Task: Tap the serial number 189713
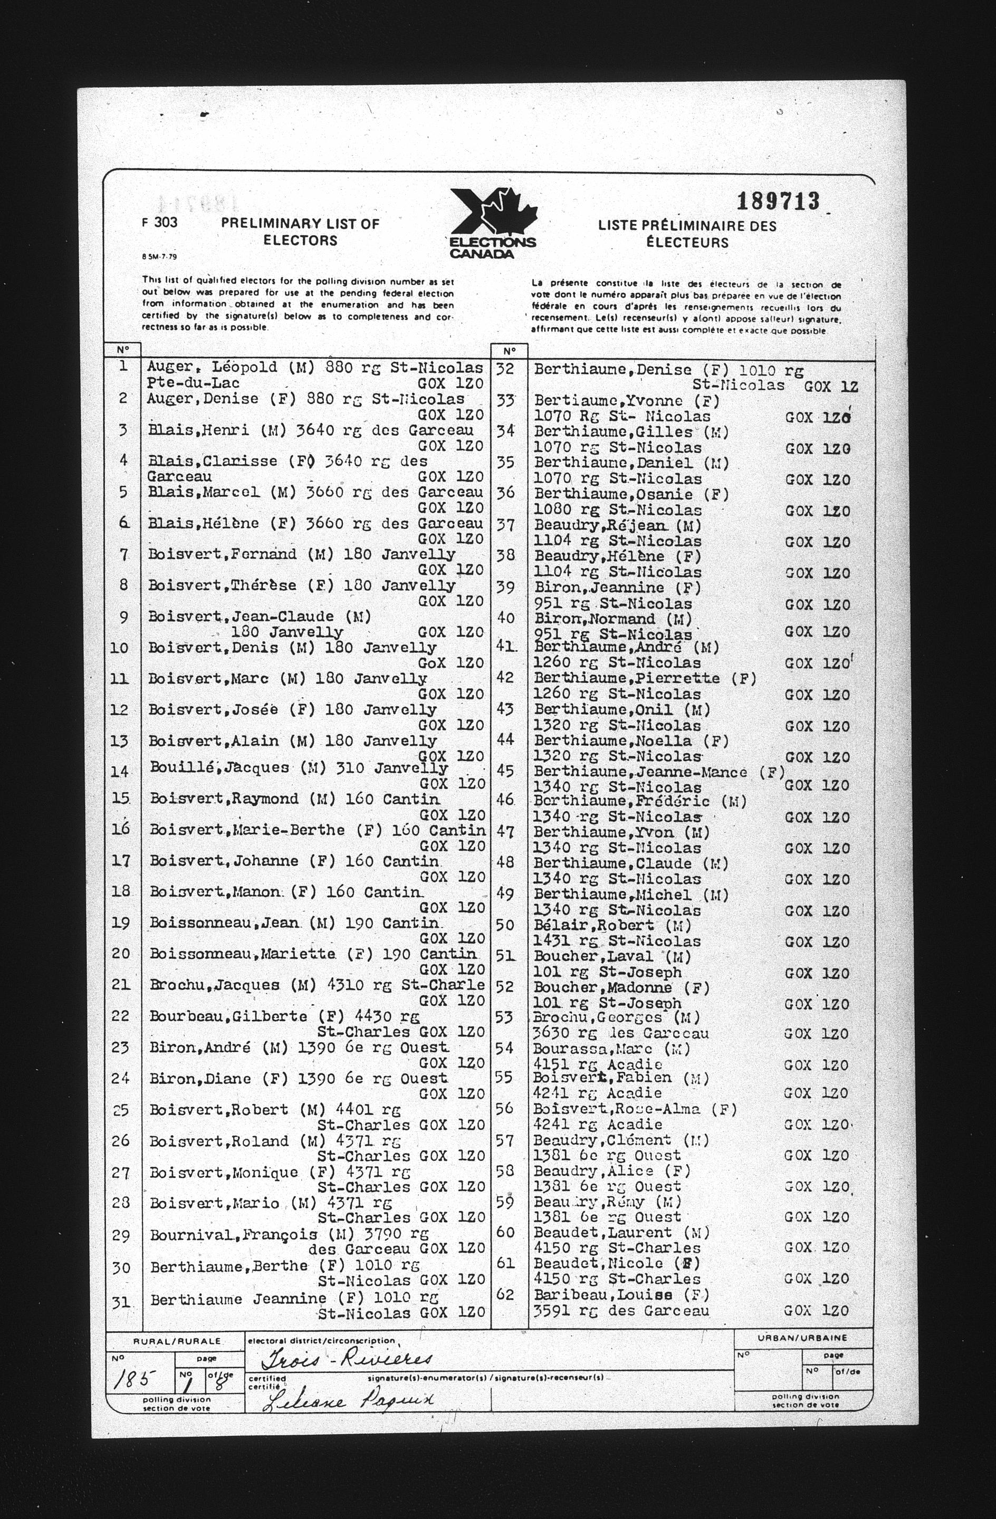[778, 201]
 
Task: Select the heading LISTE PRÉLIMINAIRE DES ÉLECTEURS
[687, 234]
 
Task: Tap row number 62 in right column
[505, 1295]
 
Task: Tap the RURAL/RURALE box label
[176, 1342]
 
